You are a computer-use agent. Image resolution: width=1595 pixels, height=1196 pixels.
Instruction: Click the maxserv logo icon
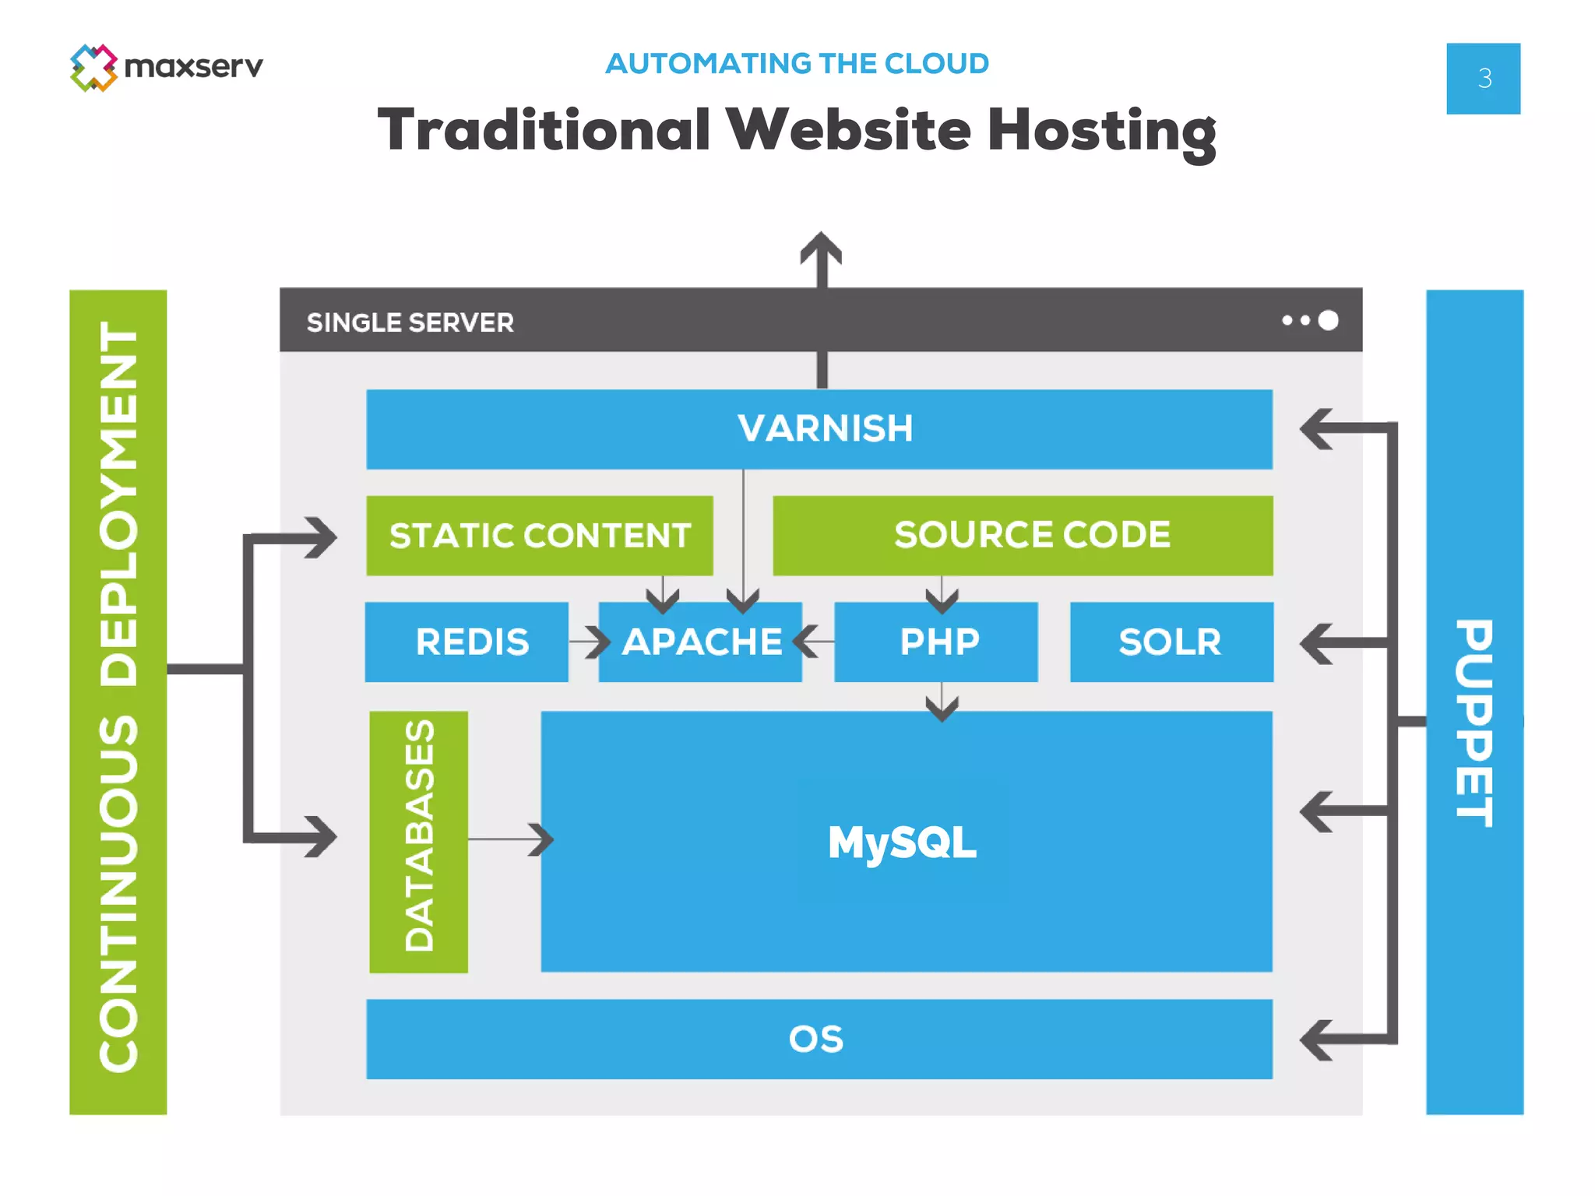point(93,68)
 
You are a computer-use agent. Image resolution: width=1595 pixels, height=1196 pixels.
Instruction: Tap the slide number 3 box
point(1483,79)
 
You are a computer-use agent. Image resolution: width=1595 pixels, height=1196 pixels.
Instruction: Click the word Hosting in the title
point(1101,131)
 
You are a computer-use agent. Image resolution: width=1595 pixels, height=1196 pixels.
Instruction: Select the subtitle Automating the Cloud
point(797,64)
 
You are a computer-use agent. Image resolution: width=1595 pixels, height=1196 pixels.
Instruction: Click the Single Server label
point(410,322)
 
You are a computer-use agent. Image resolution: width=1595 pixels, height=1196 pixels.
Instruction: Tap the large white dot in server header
point(1329,320)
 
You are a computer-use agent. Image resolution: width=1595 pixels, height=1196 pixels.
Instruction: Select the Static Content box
point(540,536)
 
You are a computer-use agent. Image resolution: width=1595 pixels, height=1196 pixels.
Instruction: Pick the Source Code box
point(1023,536)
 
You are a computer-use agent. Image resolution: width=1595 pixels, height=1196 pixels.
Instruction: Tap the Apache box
point(701,642)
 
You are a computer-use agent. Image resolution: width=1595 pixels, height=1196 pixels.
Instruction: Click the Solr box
point(1171,642)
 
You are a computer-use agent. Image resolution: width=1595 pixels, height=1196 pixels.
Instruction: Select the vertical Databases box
point(419,841)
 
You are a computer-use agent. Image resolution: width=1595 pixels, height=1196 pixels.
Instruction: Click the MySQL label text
point(902,842)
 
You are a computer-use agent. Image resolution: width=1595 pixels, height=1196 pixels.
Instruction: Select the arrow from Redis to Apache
point(590,642)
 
